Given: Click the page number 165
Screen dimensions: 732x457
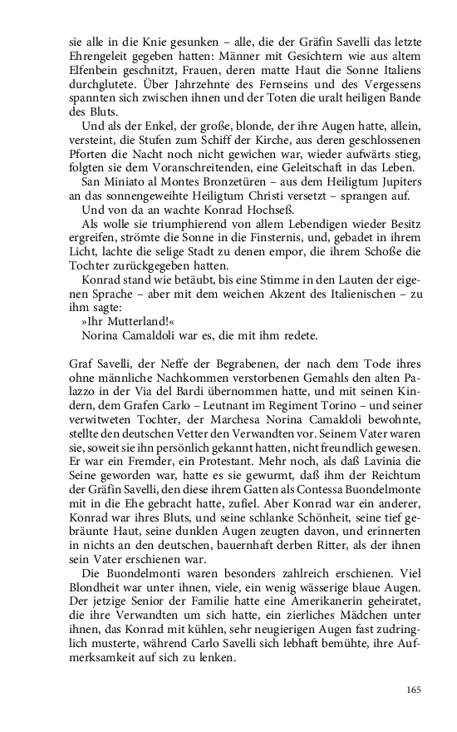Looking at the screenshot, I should click(x=415, y=689).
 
